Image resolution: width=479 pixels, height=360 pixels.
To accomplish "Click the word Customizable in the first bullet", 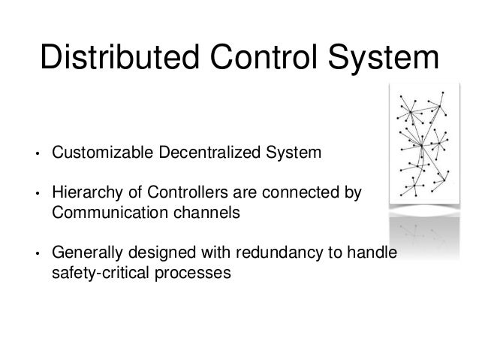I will click(x=100, y=155).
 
